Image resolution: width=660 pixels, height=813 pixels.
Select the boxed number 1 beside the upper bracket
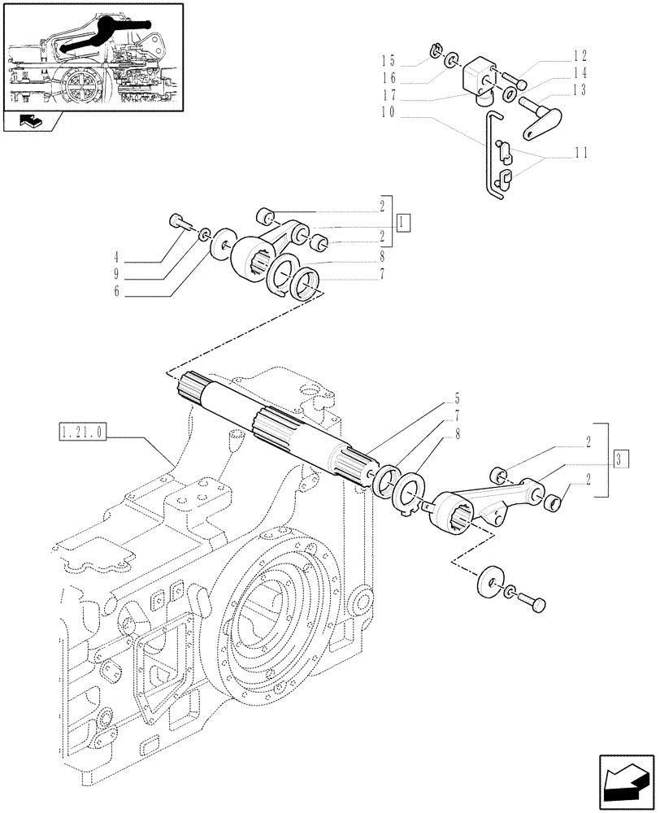(404, 221)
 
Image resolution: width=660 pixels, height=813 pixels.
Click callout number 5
(457, 398)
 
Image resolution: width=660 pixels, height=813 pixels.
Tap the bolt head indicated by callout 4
(178, 221)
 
